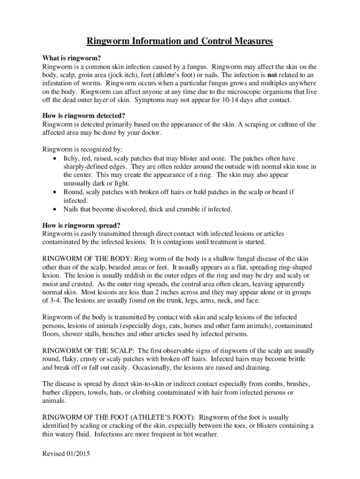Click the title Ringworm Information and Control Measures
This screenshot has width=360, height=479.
[x=180, y=42]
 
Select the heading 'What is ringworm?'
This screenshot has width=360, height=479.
[x=72, y=58]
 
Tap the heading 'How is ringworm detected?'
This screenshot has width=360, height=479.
[x=84, y=116]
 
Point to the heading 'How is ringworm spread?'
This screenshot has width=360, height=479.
[x=81, y=225]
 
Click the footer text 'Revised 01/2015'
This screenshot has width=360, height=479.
[x=66, y=454]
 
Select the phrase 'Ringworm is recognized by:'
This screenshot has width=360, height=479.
[x=82, y=150]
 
